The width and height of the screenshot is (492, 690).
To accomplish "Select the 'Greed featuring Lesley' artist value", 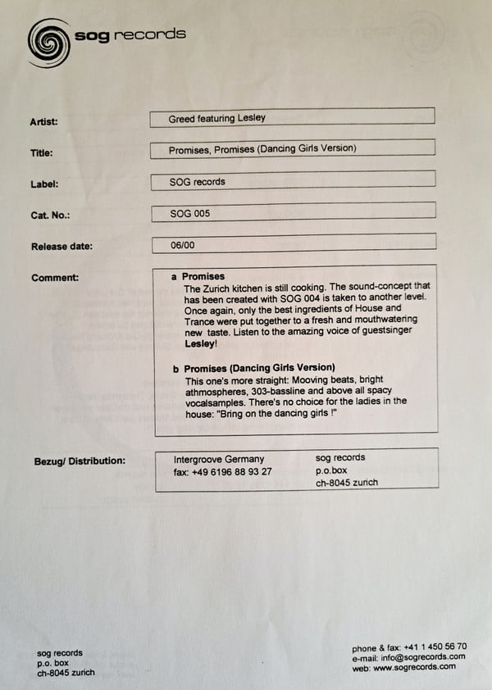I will pyautogui.click(x=216, y=118).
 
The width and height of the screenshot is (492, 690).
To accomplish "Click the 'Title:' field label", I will pyautogui.click(x=42, y=153).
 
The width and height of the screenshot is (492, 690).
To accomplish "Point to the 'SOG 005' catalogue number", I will pyautogui.click(x=189, y=213).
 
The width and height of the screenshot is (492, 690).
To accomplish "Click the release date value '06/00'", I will pyautogui.click(x=182, y=245).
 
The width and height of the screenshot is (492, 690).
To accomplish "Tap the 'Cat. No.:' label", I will pyautogui.click(x=50, y=216).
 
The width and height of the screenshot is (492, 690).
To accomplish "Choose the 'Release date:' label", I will pyautogui.click(x=61, y=247).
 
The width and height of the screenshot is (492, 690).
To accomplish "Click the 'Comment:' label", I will pyautogui.click(x=55, y=278).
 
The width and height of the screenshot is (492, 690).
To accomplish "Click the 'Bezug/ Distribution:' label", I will pyautogui.click(x=79, y=460).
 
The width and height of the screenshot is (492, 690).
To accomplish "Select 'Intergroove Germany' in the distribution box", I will pyautogui.click(x=219, y=459).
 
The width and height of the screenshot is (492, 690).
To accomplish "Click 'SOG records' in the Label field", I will pyautogui.click(x=197, y=181).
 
